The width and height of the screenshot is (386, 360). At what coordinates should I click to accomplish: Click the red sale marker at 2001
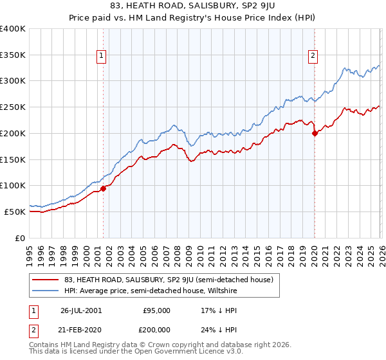(104, 188)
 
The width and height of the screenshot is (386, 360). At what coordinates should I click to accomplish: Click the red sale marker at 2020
(315, 133)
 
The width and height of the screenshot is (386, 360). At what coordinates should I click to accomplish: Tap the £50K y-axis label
(15, 212)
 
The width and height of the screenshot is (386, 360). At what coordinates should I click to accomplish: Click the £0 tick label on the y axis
(21, 238)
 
